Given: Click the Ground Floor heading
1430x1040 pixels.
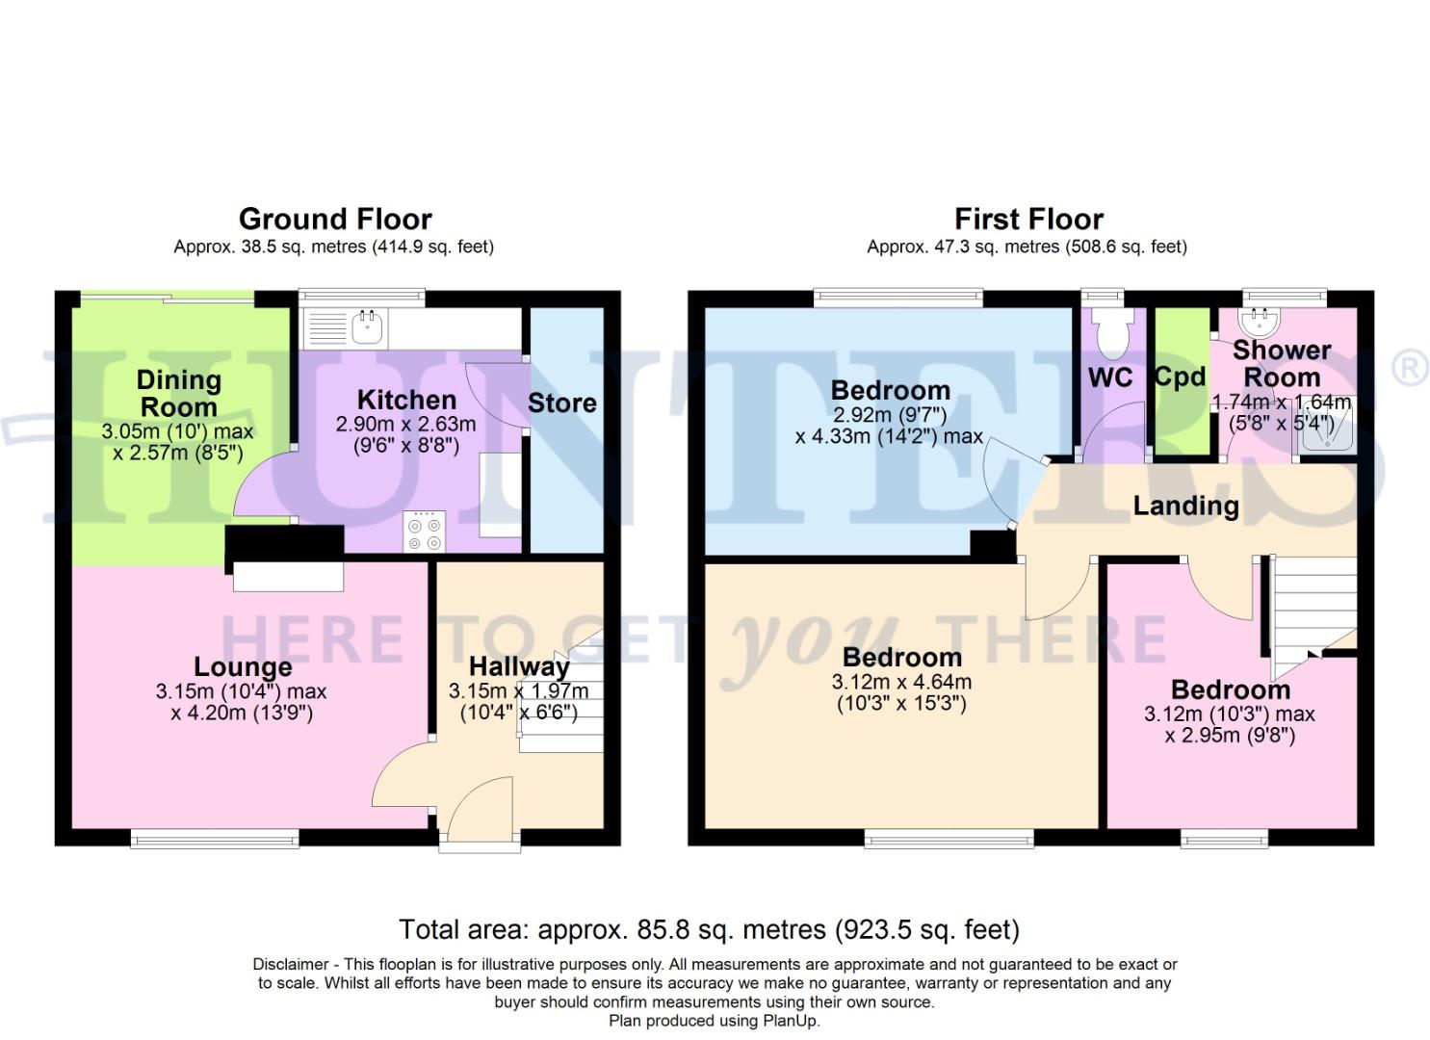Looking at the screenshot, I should [334, 219].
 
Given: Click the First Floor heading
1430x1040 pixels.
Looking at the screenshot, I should [1027, 219].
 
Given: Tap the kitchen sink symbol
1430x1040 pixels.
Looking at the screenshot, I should [367, 327].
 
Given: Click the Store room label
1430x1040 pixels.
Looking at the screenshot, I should [561, 403].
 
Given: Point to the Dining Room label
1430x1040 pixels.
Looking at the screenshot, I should [178, 393].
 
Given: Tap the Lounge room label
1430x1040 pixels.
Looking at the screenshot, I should [243, 666].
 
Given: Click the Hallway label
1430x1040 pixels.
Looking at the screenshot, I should [519, 665].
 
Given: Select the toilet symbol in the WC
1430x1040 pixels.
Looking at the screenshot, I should [1112, 332].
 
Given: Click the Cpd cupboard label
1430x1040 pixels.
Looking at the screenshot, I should [1180, 377].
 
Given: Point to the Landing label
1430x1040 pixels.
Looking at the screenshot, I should [1185, 506].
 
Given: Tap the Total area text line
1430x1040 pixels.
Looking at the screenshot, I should [709, 929].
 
